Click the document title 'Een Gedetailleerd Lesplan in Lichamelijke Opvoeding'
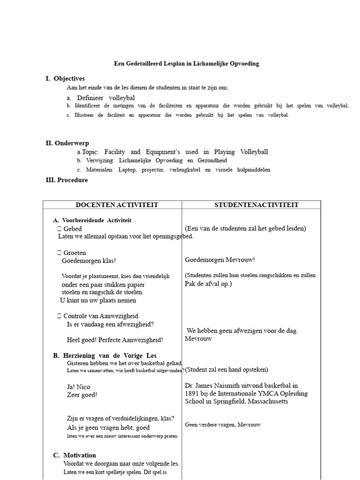(x=187, y=63)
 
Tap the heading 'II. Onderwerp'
(x=67, y=143)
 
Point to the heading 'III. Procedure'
(x=67, y=180)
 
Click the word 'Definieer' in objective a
(x=90, y=98)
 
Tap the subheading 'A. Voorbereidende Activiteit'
(x=92, y=220)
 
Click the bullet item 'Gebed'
(x=72, y=229)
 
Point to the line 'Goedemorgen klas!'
(x=89, y=261)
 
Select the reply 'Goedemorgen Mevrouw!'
(x=220, y=260)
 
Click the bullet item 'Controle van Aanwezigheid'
(x=100, y=316)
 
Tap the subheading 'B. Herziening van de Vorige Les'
(x=105, y=356)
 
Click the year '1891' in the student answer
(x=194, y=394)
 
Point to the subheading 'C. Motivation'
(x=75, y=455)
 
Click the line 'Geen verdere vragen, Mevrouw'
(x=223, y=425)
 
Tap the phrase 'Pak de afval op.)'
(x=208, y=284)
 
